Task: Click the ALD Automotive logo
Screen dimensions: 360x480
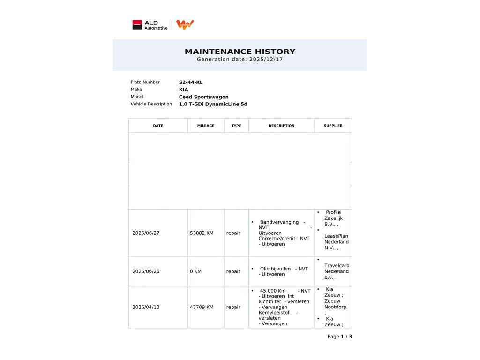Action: pos(150,25)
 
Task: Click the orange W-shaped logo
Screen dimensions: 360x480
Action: pos(185,24)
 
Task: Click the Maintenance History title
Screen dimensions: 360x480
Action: pos(240,52)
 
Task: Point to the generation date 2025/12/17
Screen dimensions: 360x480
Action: pos(266,60)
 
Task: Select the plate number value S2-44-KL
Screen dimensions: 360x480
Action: pos(191,82)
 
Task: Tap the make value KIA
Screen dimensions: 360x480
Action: pos(183,90)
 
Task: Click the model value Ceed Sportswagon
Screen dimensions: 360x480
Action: pos(203,97)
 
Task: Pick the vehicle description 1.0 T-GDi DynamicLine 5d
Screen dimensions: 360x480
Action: pos(213,104)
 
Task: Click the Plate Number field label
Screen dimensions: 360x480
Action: pos(145,82)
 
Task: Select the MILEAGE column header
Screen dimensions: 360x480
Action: pos(206,126)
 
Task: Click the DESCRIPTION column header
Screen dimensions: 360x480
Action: pos(281,126)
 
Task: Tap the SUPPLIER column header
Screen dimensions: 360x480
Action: pos(333,126)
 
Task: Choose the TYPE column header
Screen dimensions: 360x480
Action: pos(236,126)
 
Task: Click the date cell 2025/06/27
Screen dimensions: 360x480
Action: pos(146,233)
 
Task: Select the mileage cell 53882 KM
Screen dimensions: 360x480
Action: pos(202,233)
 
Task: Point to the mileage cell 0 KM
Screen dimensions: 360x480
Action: pos(195,271)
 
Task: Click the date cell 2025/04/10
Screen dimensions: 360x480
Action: pos(146,307)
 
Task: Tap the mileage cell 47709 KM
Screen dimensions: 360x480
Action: pos(202,307)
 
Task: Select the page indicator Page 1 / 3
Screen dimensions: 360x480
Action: pos(339,337)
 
